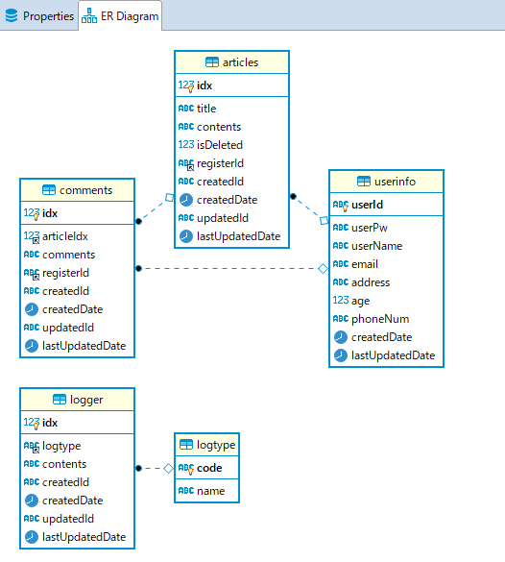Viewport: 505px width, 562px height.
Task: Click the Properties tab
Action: [x=39, y=16]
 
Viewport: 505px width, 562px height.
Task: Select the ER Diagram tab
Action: [x=120, y=16]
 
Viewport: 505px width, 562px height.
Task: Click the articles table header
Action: [x=231, y=62]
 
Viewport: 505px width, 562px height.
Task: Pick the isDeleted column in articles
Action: [x=220, y=145]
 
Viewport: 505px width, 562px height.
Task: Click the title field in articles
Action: [x=206, y=109]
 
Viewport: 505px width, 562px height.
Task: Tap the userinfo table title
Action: [x=395, y=182]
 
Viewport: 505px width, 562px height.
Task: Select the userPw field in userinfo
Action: [x=370, y=228]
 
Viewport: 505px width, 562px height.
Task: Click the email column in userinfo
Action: [x=365, y=264]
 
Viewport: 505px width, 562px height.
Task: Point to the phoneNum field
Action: [x=380, y=319]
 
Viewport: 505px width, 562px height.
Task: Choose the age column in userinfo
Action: [x=360, y=301]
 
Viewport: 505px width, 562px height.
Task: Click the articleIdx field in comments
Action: [x=65, y=236]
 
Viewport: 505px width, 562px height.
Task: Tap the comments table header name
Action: [x=86, y=190]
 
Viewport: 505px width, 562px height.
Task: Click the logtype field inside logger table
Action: [x=61, y=446]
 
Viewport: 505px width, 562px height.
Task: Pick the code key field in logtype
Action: [x=209, y=468]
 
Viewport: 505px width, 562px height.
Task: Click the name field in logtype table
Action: [x=210, y=491]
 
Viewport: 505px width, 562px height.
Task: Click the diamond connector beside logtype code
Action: [x=168, y=469]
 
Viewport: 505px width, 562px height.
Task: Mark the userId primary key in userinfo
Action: [x=367, y=205]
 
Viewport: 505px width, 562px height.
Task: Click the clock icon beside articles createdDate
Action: [x=186, y=200]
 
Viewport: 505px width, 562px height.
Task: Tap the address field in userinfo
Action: [x=371, y=282]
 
